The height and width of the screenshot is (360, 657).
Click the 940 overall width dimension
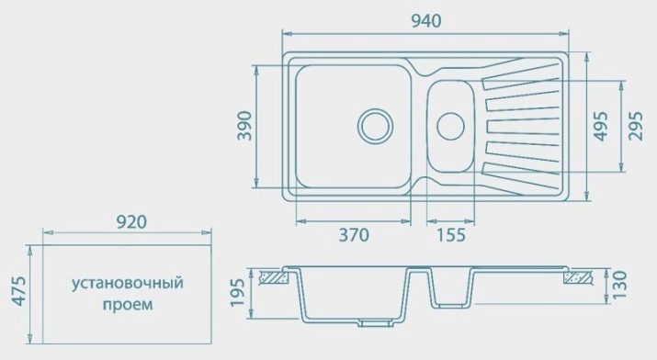pos(425,20)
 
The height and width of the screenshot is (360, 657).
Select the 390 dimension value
pos(244,126)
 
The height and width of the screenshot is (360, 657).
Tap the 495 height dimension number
pos(601,126)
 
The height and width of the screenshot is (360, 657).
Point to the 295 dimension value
pos(636,126)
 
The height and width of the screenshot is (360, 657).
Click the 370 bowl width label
pos(354,235)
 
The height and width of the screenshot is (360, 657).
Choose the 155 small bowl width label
pos(451,235)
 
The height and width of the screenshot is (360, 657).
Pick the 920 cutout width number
pos(131,222)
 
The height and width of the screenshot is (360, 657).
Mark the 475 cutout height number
pos(19,291)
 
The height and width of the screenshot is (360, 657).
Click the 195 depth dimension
pos(238,292)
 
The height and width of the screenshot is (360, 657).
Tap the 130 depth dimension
pos(619,285)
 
